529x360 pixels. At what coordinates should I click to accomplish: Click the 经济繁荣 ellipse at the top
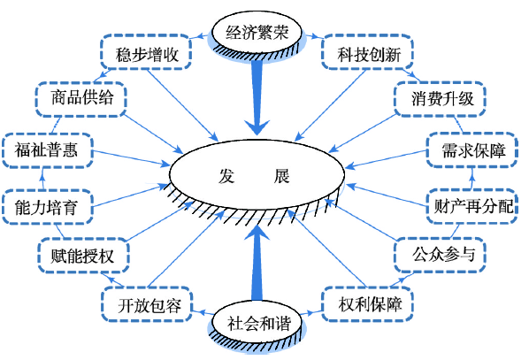257,33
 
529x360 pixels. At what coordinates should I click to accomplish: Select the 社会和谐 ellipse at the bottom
257,323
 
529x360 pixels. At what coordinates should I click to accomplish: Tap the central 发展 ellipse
257,175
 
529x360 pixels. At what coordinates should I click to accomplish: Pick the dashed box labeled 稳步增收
146,52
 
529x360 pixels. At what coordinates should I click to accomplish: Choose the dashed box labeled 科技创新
368,52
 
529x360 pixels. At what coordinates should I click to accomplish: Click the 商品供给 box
81,99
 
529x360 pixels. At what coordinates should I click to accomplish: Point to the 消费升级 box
440,99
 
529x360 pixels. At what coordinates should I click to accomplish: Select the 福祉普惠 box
47,150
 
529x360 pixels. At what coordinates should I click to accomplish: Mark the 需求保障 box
471,150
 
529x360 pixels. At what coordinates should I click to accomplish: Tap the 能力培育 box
47,206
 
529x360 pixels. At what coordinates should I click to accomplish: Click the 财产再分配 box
471,206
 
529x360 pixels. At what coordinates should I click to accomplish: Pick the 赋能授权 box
83,255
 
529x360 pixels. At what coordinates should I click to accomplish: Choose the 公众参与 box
440,255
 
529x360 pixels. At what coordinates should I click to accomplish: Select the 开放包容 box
147,304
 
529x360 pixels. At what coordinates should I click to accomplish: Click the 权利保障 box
368,304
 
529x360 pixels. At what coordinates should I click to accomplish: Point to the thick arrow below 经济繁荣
257,98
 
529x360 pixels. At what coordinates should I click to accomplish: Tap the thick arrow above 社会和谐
257,263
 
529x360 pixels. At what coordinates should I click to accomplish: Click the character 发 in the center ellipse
226,175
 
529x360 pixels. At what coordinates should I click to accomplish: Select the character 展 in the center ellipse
281,175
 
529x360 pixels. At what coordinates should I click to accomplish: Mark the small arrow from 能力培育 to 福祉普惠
42,179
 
